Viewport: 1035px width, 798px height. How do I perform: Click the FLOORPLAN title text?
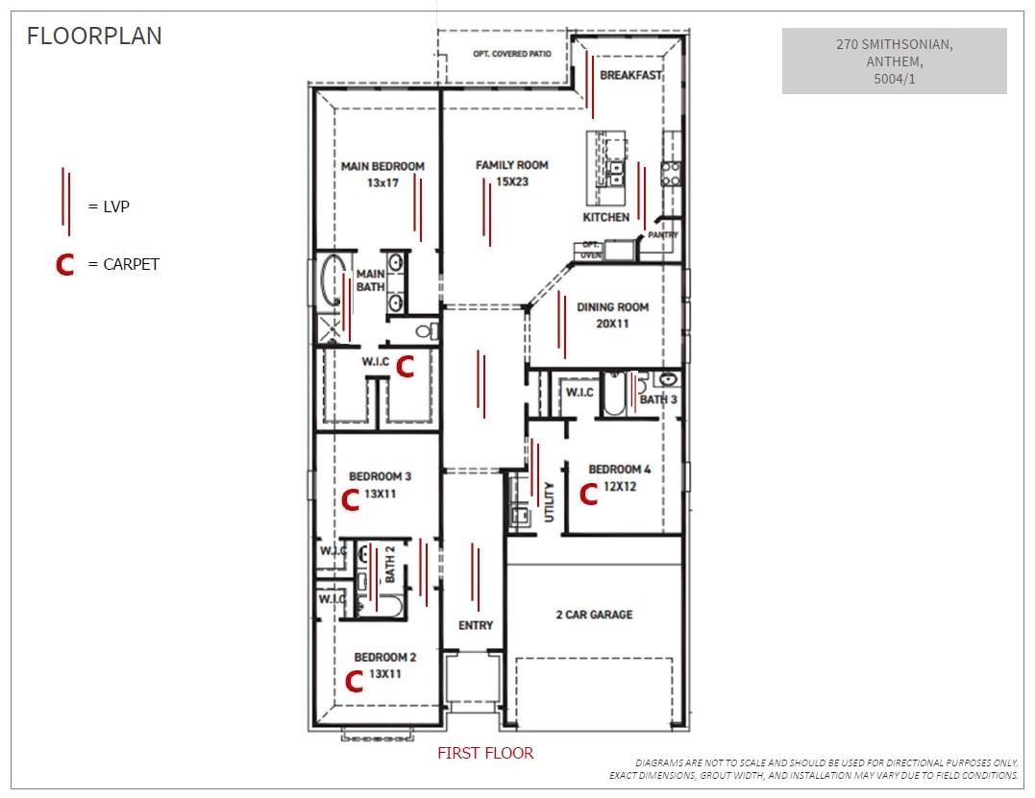pos(94,36)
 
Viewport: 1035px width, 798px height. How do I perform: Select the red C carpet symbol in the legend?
pos(64,264)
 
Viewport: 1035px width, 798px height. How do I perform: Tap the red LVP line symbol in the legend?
pos(65,202)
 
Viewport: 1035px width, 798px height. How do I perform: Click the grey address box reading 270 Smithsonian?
pos(894,60)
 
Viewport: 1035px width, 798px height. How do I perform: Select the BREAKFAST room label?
pos(630,75)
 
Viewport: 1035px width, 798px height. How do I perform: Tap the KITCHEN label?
pos(605,218)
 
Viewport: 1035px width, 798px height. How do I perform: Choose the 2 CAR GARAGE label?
pos(594,615)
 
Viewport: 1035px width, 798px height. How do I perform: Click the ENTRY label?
pos(475,625)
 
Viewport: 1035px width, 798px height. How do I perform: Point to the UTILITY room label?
pos(550,500)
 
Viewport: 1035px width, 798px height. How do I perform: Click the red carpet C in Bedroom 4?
pos(589,494)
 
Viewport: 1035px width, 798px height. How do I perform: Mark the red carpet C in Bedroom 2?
pos(354,681)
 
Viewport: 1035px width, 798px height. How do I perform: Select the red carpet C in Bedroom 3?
pos(351,499)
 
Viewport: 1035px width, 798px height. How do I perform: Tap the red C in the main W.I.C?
pos(406,366)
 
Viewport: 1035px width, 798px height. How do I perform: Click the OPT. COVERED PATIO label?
pos(512,55)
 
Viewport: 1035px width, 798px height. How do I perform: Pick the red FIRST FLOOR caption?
pos(485,753)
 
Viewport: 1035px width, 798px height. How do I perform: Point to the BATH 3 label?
pos(658,399)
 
